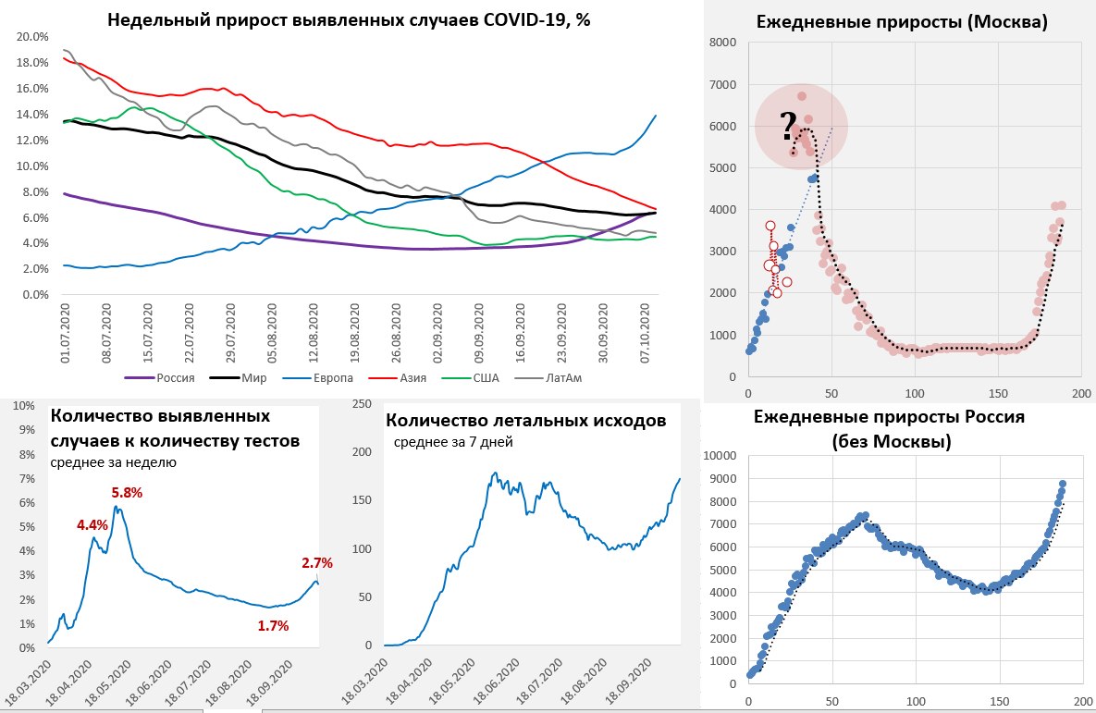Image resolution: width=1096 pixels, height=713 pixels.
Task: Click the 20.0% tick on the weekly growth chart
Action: click(32, 37)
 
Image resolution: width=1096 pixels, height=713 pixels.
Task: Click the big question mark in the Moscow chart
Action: click(788, 125)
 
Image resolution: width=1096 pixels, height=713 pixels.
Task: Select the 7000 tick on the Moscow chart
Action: click(722, 85)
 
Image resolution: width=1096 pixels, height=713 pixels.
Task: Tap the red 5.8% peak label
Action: click(127, 493)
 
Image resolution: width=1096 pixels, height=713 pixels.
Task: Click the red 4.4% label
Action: click(92, 525)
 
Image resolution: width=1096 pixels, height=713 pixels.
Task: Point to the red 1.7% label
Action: click(274, 626)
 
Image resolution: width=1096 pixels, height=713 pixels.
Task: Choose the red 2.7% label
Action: click(317, 562)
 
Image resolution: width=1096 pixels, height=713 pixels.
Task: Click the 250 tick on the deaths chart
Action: click(361, 404)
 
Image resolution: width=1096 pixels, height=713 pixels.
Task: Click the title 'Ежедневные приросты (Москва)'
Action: click(902, 22)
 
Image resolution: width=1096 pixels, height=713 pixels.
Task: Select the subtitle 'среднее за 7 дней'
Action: click(453, 442)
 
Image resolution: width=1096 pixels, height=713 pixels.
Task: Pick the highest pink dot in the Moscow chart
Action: click(802, 96)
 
